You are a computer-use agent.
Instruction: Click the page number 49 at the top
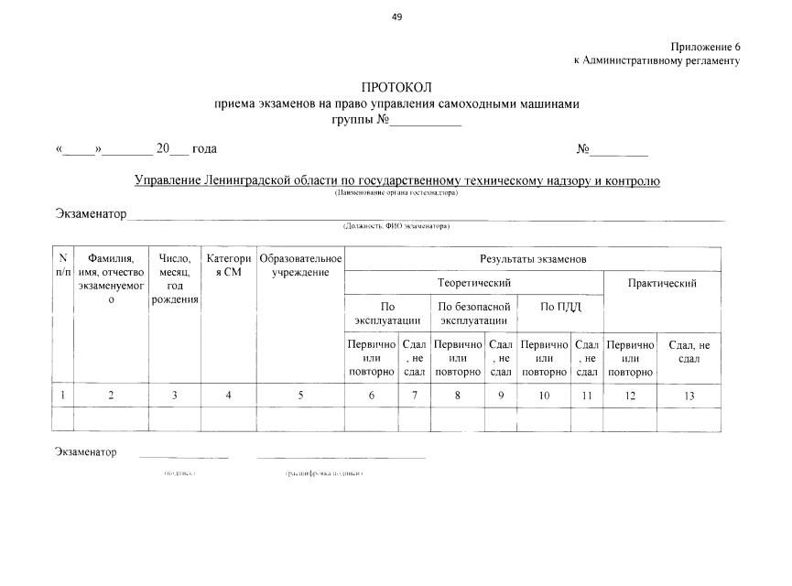coord(396,16)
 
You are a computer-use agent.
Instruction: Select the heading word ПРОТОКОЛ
coord(396,88)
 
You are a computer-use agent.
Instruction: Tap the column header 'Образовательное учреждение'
coord(300,266)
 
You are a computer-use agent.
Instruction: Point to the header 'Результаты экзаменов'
coord(532,259)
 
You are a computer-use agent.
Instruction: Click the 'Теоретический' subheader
coord(473,284)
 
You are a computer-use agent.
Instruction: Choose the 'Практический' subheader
coord(662,284)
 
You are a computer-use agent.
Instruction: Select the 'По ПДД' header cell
coord(560,306)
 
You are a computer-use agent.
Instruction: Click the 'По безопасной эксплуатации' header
coord(472,313)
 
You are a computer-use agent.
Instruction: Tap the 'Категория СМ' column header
coord(229,266)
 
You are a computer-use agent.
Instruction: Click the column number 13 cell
coord(689,396)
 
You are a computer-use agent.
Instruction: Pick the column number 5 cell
coord(300,396)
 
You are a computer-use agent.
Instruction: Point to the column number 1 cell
coord(61,396)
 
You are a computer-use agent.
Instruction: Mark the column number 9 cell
coord(500,396)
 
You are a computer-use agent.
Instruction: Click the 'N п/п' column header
coord(61,266)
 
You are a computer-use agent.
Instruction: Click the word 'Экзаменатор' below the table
coord(85,452)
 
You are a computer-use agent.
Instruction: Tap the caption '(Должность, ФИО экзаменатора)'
coord(396,225)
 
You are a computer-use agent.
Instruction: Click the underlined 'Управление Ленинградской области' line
coord(396,181)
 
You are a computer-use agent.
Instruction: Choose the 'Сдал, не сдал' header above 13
coord(689,352)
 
